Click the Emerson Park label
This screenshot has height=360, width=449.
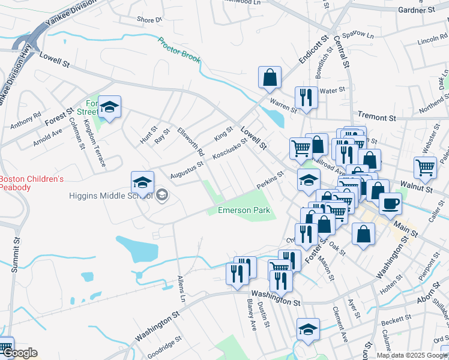[x=244, y=211]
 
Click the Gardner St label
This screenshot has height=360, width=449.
[x=416, y=10]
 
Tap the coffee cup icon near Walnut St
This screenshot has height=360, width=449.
[x=390, y=203]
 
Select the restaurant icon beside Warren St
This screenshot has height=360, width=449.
[x=306, y=97]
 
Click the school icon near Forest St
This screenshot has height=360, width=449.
[x=110, y=106]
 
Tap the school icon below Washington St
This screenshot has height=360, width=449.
[x=308, y=329]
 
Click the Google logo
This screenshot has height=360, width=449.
[x=20, y=353]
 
